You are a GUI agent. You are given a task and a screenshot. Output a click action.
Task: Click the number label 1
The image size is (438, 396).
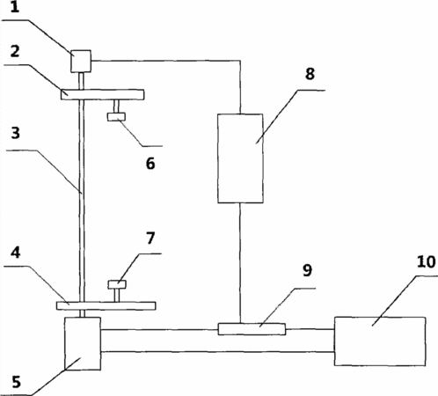tap(15, 7)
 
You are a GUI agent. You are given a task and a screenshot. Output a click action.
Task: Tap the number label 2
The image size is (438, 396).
tap(15, 51)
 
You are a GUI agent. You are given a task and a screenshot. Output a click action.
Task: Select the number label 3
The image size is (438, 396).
tap(15, 133)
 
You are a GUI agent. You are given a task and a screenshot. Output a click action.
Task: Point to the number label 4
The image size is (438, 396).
tap(15, 253)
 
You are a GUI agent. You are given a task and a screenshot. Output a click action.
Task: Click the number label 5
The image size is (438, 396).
tap(16, 382)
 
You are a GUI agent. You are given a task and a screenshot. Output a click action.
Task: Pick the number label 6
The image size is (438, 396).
tap(150, 164)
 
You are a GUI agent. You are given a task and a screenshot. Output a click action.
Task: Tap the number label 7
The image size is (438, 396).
tap(150, 238)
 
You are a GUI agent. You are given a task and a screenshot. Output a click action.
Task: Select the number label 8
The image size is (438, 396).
tap(310, 74)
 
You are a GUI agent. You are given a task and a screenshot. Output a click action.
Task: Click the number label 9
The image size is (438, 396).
tap(307, 270)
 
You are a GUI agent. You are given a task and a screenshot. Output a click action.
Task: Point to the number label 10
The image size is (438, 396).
tap(426, 261)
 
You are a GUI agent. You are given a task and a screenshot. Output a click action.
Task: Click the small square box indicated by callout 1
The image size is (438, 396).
tap(81, 62)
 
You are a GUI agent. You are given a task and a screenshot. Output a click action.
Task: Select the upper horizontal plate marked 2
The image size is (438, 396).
tap(102, 94)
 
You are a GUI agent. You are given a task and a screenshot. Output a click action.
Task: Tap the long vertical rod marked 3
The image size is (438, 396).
tap(82, 194)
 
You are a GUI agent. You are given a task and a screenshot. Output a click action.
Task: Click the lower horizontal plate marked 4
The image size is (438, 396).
tap(106, 305)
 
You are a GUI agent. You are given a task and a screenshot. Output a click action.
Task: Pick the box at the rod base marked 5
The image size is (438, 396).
tap(83, 343)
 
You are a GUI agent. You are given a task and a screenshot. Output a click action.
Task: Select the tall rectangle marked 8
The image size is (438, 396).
tap(240, 158)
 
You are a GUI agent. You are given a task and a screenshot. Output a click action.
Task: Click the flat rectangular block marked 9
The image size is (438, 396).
tap(252, 329)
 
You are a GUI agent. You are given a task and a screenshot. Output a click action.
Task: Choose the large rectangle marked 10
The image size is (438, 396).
tap(380, 341)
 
